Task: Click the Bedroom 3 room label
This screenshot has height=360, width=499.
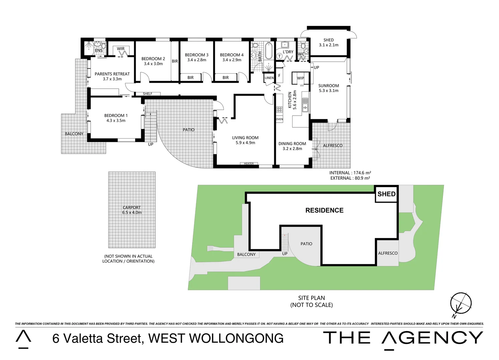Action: [x=196, y=55]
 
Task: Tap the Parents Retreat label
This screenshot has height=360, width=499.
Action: [x=112, y=74]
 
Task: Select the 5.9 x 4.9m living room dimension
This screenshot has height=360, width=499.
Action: [x=245, y=143]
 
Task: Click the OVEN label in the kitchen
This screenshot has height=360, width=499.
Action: [x=279, y=119]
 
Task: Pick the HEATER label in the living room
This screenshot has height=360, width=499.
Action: [x=248, y=164]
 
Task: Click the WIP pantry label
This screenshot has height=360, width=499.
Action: [x=301, y=78]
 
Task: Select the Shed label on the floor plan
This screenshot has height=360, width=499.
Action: [x=329, y=40]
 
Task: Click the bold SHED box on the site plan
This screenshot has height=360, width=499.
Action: [x=386, y=194]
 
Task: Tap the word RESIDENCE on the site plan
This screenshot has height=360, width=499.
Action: [x=324, y=210]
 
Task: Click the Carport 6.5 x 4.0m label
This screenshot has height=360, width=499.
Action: [x=132, y=210]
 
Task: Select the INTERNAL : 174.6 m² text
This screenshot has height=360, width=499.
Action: [x=350, y=173]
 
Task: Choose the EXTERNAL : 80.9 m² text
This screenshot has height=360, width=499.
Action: [x=350, y=178]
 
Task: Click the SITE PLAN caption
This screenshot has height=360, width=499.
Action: [x=311, y=298]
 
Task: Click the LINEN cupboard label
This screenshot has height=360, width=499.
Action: [x=269, y=78]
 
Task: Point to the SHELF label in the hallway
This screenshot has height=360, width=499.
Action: [x=147, y=94]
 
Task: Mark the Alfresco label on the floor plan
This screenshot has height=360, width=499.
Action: [x=333, y=146]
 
